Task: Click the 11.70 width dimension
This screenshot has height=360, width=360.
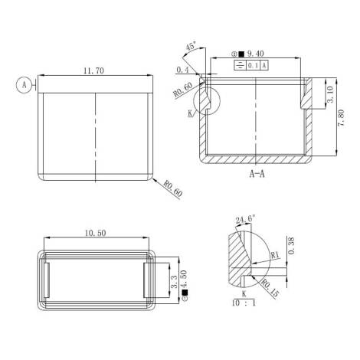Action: coord(94,70)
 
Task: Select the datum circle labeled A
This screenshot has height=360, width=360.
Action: coord(25,85)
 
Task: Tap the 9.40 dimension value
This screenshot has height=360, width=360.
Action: coord(256,54)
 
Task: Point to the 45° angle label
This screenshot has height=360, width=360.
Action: coord(191,46)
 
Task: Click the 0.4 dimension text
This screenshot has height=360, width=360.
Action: coord(182,70)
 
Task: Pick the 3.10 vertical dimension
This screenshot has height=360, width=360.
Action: coord(330,94)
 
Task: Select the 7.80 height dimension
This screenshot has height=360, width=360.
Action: coord(341,118)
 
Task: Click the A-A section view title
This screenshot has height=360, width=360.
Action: coord(257,174)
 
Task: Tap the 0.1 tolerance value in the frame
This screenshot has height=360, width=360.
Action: coord(254,66)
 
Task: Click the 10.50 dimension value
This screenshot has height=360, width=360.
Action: coord(95,233)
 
